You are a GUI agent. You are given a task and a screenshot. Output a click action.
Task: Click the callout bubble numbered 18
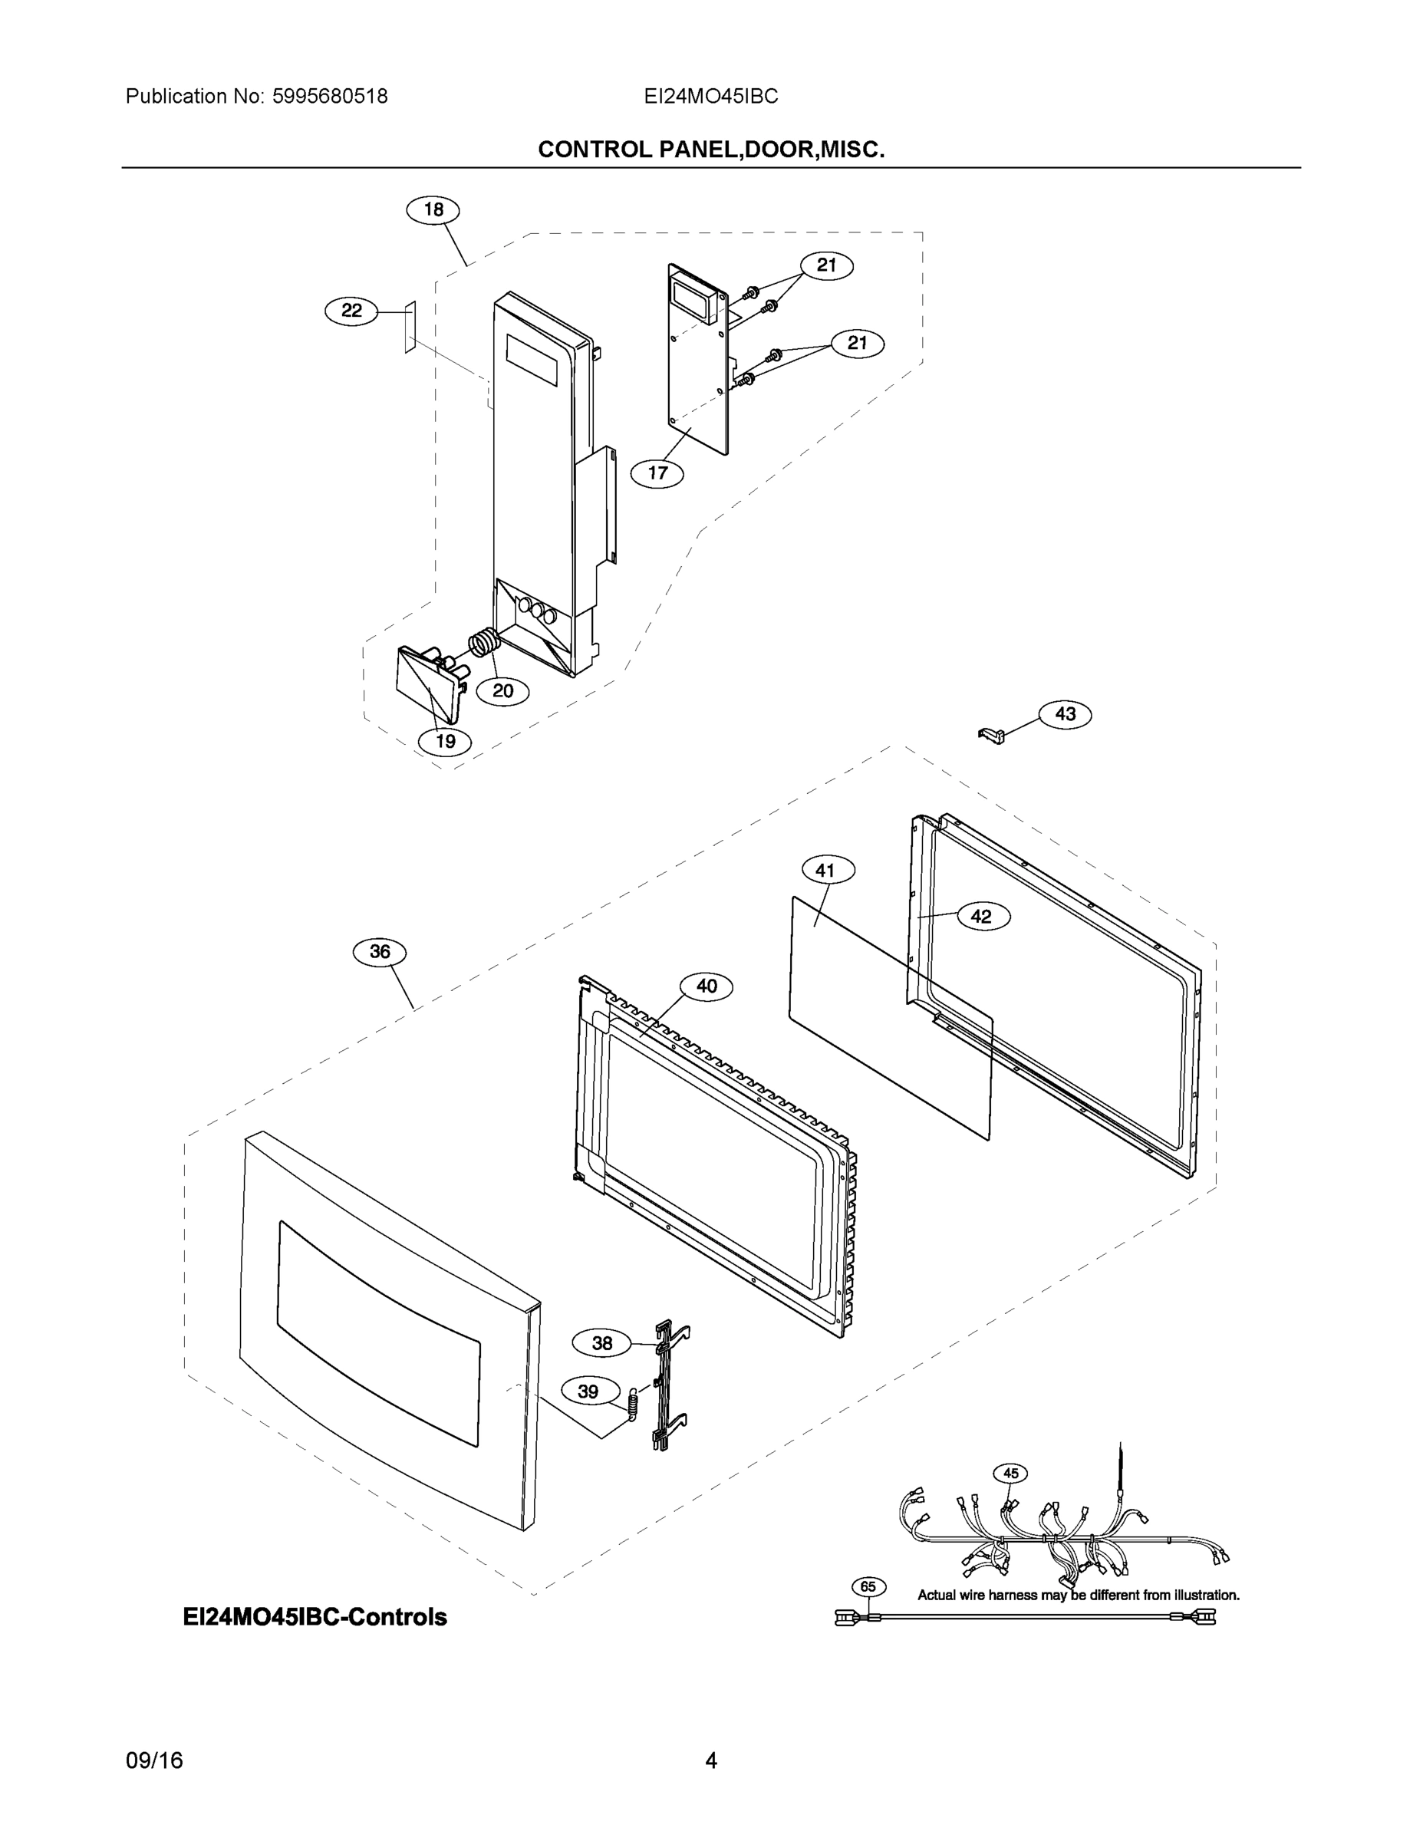433,209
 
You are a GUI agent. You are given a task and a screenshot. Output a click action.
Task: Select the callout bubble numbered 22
351,311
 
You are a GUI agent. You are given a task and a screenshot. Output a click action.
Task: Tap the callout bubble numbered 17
657,473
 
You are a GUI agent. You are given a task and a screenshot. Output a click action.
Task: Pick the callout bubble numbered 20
502,691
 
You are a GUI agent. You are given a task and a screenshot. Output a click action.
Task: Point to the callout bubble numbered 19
445,741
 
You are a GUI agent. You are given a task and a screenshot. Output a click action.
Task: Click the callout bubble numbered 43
1065,714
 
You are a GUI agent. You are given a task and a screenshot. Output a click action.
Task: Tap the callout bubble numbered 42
981,917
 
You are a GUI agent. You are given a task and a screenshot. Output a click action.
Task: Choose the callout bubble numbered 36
380,952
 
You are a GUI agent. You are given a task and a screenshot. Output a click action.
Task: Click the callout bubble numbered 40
707,986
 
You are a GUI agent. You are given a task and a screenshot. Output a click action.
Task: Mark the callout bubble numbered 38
602,1343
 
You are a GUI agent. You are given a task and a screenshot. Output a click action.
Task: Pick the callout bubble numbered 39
588,1391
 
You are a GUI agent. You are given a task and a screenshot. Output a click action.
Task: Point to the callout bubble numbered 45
1011,1473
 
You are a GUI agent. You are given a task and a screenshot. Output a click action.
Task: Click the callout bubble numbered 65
868,1586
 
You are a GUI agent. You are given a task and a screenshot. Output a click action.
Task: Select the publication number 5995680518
330,96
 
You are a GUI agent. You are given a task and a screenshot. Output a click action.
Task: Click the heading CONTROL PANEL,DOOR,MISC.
710,150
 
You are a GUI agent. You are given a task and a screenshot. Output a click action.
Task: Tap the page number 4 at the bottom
710,1760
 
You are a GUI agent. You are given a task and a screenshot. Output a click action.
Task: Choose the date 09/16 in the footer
154,1760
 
